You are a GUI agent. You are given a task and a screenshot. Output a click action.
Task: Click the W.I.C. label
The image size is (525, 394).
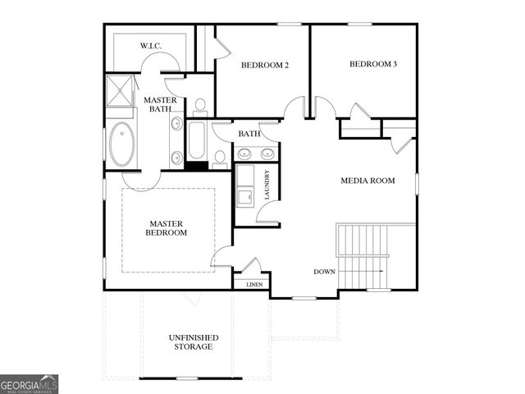tap(149, 45)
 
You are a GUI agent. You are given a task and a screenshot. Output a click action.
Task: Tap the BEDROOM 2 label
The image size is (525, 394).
tap(264, 65)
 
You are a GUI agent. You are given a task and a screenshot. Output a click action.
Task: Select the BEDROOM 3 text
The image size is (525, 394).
tap(373, 64)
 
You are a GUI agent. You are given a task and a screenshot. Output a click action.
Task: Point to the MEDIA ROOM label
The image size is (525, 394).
tap(368, 181)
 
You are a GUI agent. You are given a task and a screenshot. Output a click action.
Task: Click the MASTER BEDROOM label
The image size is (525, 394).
tap(167, 227)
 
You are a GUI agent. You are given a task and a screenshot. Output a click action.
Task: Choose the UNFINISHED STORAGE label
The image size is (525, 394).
tap(191, 342)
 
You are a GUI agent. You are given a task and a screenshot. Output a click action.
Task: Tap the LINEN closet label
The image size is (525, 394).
tap(254, 285)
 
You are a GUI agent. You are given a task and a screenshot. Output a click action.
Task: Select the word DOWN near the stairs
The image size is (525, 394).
tap(325, 271)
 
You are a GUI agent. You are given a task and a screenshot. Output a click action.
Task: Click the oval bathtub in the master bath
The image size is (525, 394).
tap(122, 143)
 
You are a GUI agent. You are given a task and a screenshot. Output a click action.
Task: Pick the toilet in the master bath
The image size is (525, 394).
tap(199, 107)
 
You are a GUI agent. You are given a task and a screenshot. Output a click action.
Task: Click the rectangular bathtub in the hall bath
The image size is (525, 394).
tap(197, 141)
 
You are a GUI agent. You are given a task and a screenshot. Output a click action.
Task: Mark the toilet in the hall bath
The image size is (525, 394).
tap(220, 158)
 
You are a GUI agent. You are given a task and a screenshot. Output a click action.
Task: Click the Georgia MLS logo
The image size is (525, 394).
tap(29, 384)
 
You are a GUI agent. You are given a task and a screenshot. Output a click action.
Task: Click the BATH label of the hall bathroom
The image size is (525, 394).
tap(249, 134)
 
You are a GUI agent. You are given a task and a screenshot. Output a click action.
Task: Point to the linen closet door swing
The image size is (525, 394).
tap(253, 267)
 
